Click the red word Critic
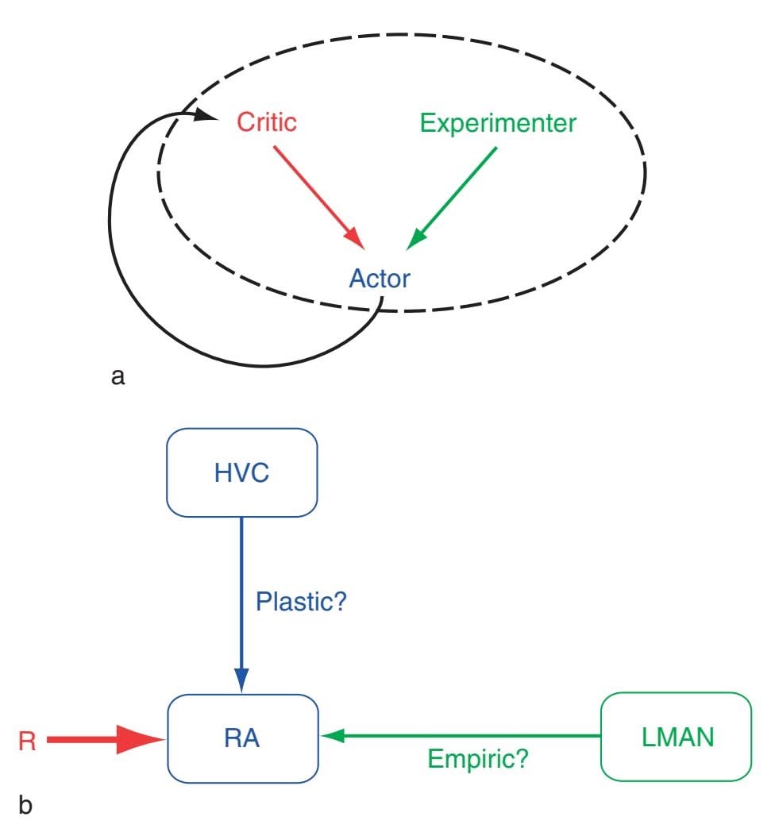pos(266,123)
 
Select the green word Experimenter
pos(498,123)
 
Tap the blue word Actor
pos(380,279)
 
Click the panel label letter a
pos(118,376)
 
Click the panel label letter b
pos(25,807)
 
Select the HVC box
pos(241,472)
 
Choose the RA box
pos(241,738)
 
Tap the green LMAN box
pos(675,738)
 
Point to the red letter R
pos(27,739)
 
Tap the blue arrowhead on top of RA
pos(241,679)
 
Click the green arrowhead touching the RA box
pos(332,737)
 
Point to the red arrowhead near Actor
pos(355,238)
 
